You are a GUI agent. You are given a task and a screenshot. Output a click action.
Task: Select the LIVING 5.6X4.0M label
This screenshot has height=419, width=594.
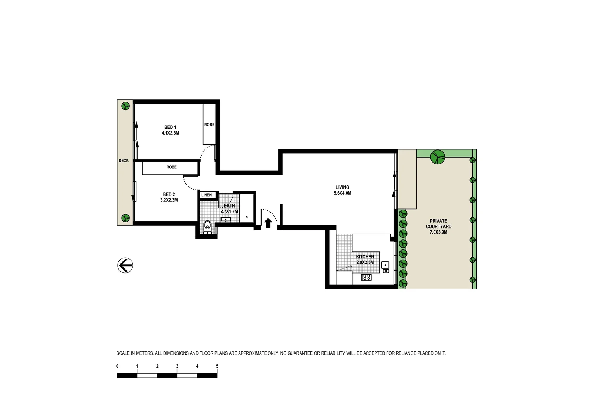pyautogui.click(x=342, y=190)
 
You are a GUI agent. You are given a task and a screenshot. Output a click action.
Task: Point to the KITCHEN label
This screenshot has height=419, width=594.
pyautogui.click(x=365, y=257)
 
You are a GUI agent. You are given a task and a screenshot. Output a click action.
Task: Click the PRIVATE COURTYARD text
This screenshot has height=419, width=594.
pyautogui.click(x=438, y=224)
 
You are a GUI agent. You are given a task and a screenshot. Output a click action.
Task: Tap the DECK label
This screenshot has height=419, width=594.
pyautogui.click(x=124, y=161)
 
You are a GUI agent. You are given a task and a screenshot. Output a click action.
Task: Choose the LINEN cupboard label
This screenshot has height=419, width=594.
pyautogui.click(x=207, y=195)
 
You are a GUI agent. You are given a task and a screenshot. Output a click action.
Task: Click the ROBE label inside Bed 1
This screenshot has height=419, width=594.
pyautogui.click(x=209, y=125)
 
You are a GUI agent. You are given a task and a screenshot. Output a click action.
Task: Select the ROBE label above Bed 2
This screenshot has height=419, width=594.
pyautogui.click(x=171, y=167)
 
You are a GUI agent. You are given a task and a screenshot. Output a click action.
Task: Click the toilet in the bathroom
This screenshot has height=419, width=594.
pyautogui.click(x=207, y=226)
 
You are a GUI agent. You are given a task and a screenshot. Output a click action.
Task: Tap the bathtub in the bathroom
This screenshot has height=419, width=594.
pyautogui.click(x=246, y=208)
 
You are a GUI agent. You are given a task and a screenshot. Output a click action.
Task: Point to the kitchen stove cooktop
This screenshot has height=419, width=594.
pyautogui.click(x=366, y=277)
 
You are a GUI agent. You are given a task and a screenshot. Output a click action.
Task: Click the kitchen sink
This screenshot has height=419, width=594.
pyautogui.click(x=385, y=265)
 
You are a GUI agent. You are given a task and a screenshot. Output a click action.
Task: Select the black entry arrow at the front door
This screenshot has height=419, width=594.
pyautogui.click(x=268, y=223)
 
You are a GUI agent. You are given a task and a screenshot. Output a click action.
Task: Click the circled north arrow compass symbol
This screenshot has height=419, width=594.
pyautogui.click(x=125, y=265)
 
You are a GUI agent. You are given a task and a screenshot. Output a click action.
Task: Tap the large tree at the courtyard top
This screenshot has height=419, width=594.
pyautogui.click(x=437, y=157)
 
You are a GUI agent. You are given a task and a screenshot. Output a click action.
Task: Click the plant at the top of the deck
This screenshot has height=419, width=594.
pyautogui.click(x=125, y=106)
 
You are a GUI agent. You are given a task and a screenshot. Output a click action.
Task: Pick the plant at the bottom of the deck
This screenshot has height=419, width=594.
pyautogui.click(x=125, y=218)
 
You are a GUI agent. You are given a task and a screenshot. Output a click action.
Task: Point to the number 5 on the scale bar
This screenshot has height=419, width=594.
pyautogui.click(x=217, y=366)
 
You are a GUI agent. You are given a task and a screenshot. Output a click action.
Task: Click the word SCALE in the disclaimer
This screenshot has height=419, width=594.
pyautogui.click(x=123, y=353)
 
